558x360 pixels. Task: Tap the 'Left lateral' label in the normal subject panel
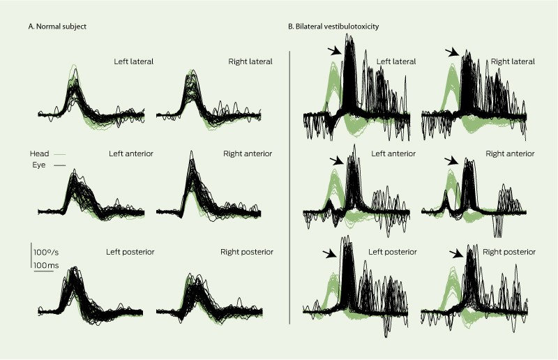(134, 61)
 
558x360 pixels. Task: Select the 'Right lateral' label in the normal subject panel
(250, 61)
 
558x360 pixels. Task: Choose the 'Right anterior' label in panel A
(248, 153)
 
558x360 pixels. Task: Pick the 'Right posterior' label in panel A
(247, 251)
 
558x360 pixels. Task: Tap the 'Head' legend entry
(39, 153)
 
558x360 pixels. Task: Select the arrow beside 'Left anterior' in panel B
(336, 161)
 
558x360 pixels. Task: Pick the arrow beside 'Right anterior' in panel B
(452, 161)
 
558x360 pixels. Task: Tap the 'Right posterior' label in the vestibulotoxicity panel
(508, 250)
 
